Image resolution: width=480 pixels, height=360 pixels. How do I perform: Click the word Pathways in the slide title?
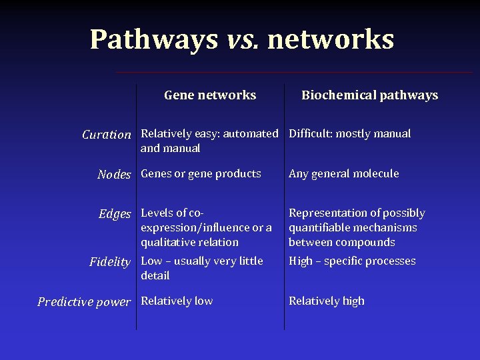[x=153, y=39]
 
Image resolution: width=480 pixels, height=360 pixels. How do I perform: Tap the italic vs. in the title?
[x=243, y=39]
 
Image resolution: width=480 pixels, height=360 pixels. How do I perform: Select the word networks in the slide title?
[x=331, y=39]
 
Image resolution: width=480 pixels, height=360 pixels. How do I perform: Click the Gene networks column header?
[x=210, y=95]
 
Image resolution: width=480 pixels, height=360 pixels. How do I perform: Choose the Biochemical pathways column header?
[x=369, y=95]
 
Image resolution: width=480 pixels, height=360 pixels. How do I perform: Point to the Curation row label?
[x=107, y=135]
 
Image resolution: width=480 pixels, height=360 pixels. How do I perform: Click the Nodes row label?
[x=114, y=175]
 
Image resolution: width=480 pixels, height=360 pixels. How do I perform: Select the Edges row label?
[x=115, y=214]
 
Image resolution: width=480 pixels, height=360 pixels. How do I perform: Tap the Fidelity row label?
[x=110, y=262]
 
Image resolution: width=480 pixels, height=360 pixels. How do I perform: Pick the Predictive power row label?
[x=84, y=302]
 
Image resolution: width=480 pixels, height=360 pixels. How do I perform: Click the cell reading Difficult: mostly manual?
[x=349, y=134]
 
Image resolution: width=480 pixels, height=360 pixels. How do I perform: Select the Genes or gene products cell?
[x=201, y=174]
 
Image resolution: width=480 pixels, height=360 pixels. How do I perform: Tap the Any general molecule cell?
[x=343, y=174]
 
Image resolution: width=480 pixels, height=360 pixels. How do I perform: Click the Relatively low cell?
[x=177, y=301]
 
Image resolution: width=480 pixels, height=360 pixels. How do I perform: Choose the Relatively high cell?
[x=326, y=301]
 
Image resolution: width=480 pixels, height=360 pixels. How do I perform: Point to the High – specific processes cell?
[x=352, y=261]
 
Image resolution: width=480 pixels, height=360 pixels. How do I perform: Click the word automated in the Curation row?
[x=250, y=134]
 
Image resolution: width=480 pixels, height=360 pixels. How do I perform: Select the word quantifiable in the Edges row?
[x=319, y=228]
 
